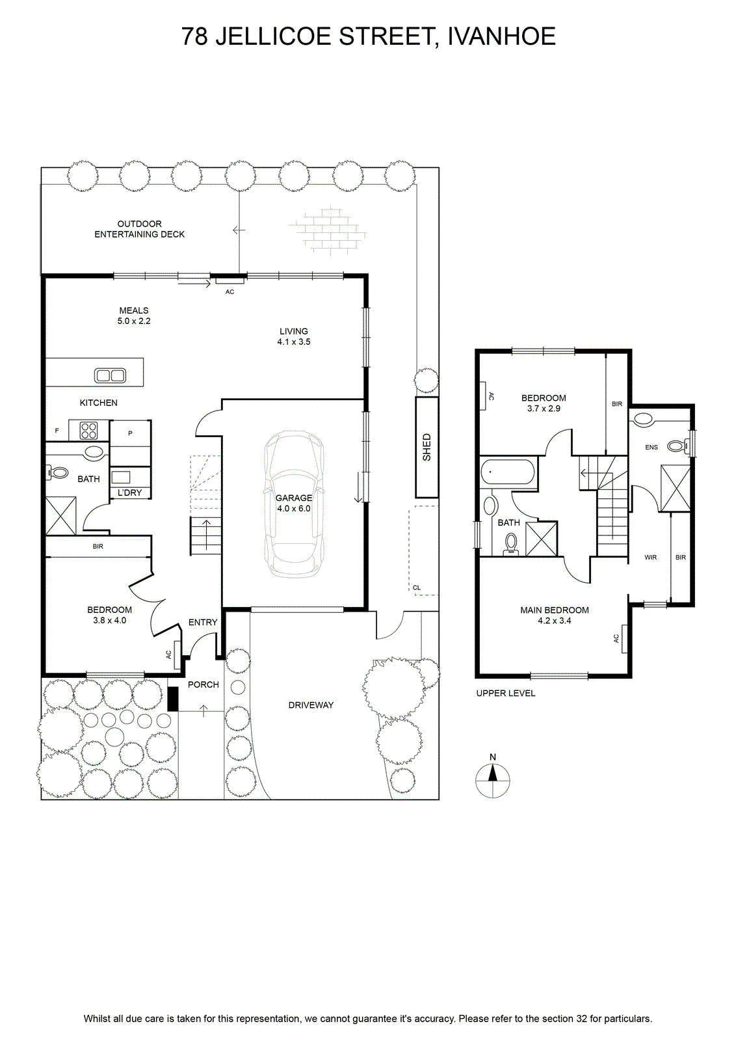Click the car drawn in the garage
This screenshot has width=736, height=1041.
[294, 504]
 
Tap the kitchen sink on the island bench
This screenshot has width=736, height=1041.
[110, 375]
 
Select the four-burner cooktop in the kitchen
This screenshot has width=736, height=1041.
[88, 430]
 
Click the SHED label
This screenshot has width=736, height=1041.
[427, 447]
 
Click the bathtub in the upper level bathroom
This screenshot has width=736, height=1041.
[508, 472]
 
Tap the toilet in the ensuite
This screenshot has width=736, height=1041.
[680, 446]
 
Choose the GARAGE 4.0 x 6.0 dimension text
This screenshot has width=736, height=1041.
[294, 504]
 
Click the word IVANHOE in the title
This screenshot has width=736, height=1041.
[501, 36]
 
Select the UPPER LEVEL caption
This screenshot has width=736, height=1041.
[506, 694]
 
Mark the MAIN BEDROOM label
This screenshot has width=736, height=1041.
[555, 610]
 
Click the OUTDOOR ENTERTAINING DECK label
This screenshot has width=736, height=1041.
[139, 229]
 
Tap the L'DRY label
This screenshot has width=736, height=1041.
[129, 493]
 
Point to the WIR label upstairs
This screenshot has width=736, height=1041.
[651, 557]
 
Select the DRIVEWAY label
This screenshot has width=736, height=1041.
[311, 705]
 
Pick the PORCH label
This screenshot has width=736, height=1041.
[204, 684]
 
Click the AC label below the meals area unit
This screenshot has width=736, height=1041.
[230, 292]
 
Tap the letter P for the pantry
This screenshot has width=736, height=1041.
[131, 433]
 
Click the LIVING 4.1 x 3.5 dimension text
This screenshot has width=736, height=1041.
[294, 336]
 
